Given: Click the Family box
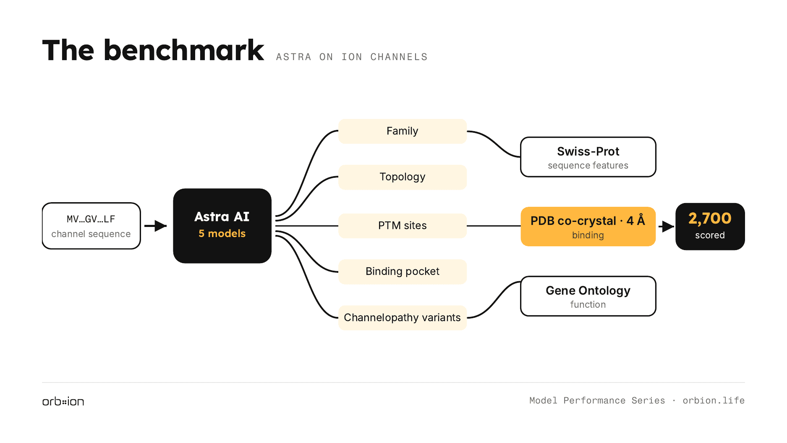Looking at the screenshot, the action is click(403, 131).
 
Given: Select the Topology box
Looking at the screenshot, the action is click(403, 177).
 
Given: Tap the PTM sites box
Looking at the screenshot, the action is click(403, 226).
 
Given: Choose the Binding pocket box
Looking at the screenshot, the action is click(403, 272).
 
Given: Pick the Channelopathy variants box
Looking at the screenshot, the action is click(403, 318).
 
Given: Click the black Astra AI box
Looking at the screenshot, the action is click(222, 226).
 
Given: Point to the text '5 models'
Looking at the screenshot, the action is click(222, 234).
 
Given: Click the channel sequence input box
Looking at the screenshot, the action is click(91, 226).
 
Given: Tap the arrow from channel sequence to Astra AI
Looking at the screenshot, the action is click(155, 226).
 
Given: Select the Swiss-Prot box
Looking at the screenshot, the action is click(588, 157).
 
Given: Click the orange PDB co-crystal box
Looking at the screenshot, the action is click(588, 227).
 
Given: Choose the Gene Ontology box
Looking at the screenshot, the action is click(588, 296).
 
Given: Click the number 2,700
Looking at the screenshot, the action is click(710, 219).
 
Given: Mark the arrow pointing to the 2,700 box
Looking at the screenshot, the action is click(667, 227).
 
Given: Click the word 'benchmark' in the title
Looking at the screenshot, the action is click(184, 50).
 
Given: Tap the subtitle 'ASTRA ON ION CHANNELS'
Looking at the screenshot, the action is click(352, 57).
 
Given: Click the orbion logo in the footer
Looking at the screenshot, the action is click(63, 401).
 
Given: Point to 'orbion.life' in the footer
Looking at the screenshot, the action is click(714, 401).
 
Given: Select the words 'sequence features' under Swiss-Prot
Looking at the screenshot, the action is click(588, 166).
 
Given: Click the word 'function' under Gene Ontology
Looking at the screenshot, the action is click(588, 304).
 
